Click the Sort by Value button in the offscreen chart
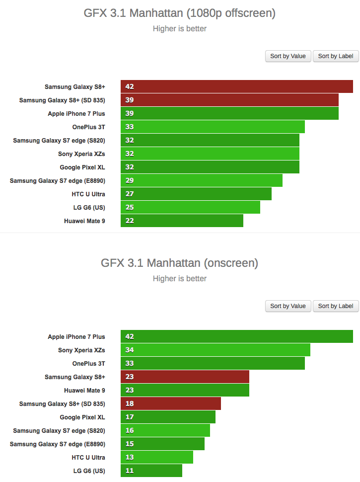click(288, 56)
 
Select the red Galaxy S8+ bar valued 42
click(236, 86)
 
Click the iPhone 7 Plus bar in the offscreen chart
click(229, 113)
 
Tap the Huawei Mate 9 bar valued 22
click(182, 221)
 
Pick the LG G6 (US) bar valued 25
click(190, 207)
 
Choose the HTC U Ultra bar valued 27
click(196, 194)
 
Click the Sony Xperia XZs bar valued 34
click(215, 350)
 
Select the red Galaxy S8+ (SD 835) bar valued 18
click(170, 403)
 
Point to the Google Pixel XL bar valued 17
click(168, 417)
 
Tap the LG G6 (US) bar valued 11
click(151, 471)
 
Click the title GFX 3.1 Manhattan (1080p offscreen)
click(180, 13)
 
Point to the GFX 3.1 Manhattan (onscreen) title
click(180, 263)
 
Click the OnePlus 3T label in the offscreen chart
click(88, 127)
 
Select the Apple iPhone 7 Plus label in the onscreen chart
click(76, 336)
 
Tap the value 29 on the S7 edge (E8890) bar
click(130, 180)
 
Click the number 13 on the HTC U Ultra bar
click(130, 457)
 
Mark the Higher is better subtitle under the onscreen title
click(180, 278)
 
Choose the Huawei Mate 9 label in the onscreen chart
click(84, 390)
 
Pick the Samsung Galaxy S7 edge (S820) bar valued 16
click(165, 430)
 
